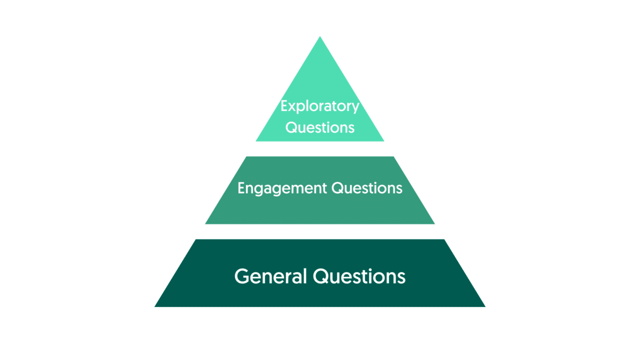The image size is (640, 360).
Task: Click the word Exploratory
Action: [320, 106]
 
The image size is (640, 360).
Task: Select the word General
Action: [270, 276]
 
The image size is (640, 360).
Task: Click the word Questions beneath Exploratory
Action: [320, 127]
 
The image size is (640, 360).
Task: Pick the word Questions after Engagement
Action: [367, 188]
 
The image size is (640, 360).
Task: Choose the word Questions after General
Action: [359, 276]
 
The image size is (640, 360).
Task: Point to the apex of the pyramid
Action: [320, 36]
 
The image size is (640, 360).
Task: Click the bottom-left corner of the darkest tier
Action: [154, 307]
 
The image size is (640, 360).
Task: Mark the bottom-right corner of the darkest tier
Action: [485, 307]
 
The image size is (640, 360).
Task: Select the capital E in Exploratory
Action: [284, 105]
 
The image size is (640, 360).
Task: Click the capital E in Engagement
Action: [241, 187]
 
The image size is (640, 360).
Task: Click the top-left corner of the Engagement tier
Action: [246, 156]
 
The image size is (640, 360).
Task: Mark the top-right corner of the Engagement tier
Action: [393, 156]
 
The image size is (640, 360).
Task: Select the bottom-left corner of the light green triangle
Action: [255, 141]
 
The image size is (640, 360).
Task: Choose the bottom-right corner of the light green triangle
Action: [384, 141]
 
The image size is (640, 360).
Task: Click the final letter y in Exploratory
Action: [355, 108]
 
